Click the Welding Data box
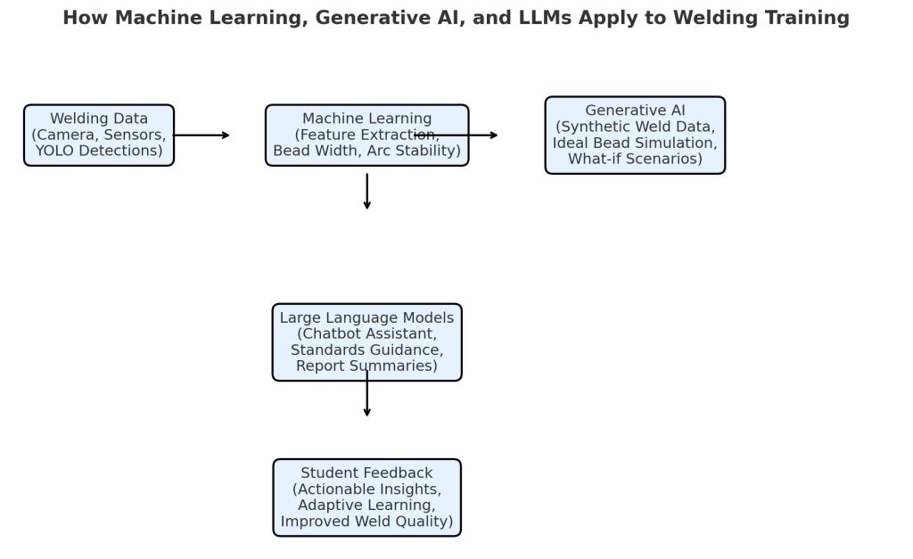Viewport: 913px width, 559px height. pyautogui.click(x=99, y=135)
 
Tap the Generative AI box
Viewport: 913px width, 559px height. pyautogui.click(x=635, y=135)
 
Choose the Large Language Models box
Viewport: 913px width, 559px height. pyautogui.click(x=366, y=341)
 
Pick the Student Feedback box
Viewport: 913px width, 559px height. pyautogui.click(x=366, y=497)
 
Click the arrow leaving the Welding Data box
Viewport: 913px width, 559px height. pyautogui.click(x=202, y=135)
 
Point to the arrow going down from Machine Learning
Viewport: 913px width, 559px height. pyautogui.click(x=366, y=192)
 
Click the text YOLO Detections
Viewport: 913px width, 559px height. pyautogui.click(x=99, y=151)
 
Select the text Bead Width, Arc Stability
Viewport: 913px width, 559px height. pyautogui.click(x=366, y=151)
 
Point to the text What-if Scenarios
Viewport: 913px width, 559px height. pyautogui.click(x=635, y=160)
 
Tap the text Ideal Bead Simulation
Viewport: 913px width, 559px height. pyautogui.click(x=635, y=144)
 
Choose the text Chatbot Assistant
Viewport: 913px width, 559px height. pyautogui.click(x=366, y=333)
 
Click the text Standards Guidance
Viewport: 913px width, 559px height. pyautogui.click(x=366, y=349)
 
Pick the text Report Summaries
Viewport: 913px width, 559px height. pyautogui.click(x=366, y=366)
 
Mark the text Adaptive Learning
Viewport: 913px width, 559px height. pyautogui.click(x=366, y=506)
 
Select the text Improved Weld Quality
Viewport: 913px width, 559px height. pyautogui.click(x=366, y=522)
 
